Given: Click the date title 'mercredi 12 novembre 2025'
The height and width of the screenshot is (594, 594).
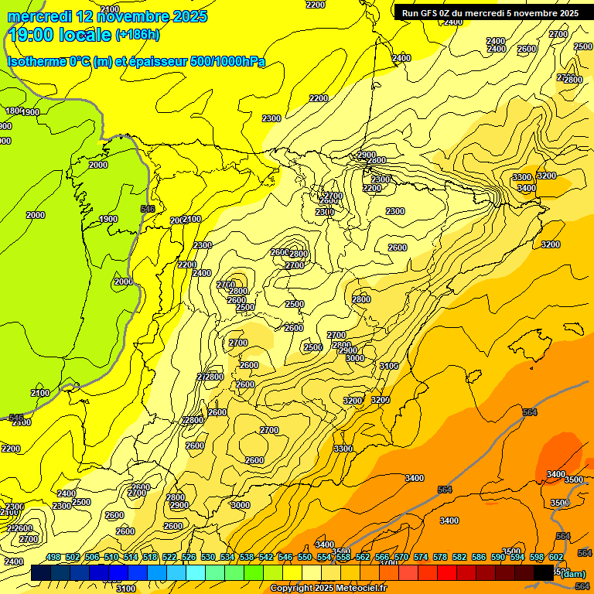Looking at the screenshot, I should point(107,16).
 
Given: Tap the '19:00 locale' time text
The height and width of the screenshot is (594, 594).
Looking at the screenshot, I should point(59,35).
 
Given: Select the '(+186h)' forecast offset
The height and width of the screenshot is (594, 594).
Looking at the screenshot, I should point(138,35).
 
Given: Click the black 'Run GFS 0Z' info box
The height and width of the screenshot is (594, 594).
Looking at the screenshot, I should point(490,12).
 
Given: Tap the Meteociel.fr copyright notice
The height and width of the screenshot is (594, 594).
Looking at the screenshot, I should point(328,589).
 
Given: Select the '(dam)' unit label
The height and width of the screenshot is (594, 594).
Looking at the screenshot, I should point(572,573).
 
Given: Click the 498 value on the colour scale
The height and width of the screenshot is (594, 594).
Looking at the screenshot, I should point(53,557).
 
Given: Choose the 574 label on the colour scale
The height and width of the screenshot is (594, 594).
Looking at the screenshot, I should point(420,557).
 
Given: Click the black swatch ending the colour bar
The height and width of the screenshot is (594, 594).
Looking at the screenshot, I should point(544,572).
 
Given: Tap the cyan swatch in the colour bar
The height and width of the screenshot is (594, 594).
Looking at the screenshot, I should point(196,572).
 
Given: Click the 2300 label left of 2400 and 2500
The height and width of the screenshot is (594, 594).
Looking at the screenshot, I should point(62,506).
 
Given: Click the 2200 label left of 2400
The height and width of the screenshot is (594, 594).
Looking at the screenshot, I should point(187,265).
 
